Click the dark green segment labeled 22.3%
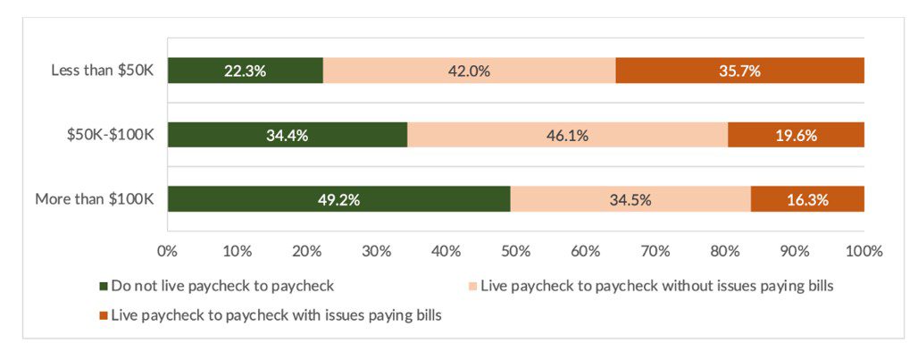245,71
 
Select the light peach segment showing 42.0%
469,71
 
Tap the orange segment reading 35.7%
739,71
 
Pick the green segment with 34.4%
287,135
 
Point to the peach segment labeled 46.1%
567,135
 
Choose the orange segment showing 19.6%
796,135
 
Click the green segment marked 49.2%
338,199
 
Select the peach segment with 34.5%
630,199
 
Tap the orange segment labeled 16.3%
807,199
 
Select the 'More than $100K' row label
95,199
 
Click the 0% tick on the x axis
167,251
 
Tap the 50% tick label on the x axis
515,251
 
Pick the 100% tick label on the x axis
864,251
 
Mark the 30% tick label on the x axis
376,251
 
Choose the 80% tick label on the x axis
724,251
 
